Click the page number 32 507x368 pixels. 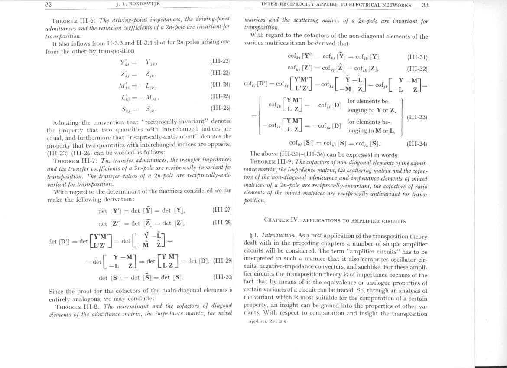pyautogui.click(x=49, y=4)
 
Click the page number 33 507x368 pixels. pyautogui.click(x=425, y=5)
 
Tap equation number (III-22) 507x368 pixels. pyautogui.click(x=220, y=61)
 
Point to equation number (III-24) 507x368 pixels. pyautogui.click(x=220, y=85)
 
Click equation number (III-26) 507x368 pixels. pyautogui.click(x=220, y=108)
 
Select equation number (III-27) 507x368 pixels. pyautogui.click(x=222, y=210)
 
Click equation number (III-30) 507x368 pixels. pyautogui.click(x=223, y=277)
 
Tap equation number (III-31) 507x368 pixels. pyautogui.click(x=417, y=57)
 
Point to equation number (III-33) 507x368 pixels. pyautogui.click(x=417, y=117)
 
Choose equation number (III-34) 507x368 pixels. pyautogui.click(x=417, y=144)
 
